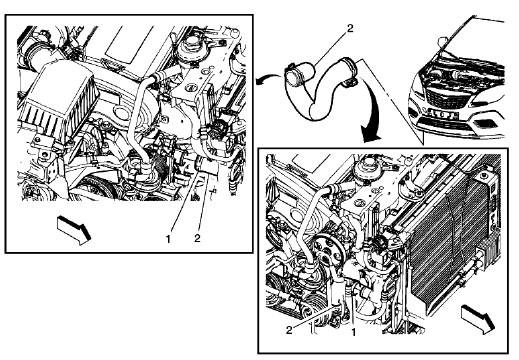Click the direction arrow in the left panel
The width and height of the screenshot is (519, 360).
tap(73, 226)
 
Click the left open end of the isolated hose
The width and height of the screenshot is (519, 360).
tap(288, 73)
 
